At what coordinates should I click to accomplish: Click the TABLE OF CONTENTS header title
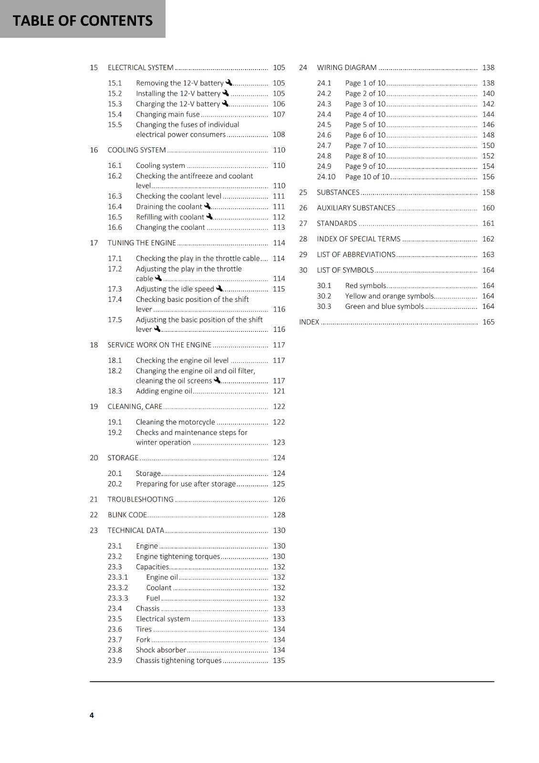tap(83, 21)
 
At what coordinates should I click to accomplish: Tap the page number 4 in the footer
tap(92, 715)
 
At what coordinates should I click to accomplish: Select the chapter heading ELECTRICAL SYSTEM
tap(140, 68)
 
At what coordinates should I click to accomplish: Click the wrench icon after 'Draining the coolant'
tap(207, 206)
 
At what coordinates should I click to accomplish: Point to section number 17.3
tap(115, 289)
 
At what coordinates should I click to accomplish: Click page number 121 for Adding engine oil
tap(279, 391)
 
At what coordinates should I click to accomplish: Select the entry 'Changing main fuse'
tap(167, 114)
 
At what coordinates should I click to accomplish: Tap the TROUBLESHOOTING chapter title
tap(140, 499)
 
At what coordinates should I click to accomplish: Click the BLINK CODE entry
tap(127, 515)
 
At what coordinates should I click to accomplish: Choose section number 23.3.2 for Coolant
tap(118, 588)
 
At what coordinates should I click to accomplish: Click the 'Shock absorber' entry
tap(161, 650)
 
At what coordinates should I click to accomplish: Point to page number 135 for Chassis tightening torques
tap(279, 660)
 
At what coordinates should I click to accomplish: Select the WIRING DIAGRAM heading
tap(347, 68)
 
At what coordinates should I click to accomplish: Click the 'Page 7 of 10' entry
tap(365, 145)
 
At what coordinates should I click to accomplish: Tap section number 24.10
tap(326, 177)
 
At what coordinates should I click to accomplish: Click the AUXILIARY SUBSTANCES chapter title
tap(356, 208)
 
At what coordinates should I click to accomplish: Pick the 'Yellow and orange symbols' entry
tap(389, 296)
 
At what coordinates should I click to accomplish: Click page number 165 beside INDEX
tap(488, 322)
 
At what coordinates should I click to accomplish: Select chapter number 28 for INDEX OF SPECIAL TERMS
tap(303, 239)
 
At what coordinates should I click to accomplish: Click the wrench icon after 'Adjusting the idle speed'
tap(219, 289)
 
